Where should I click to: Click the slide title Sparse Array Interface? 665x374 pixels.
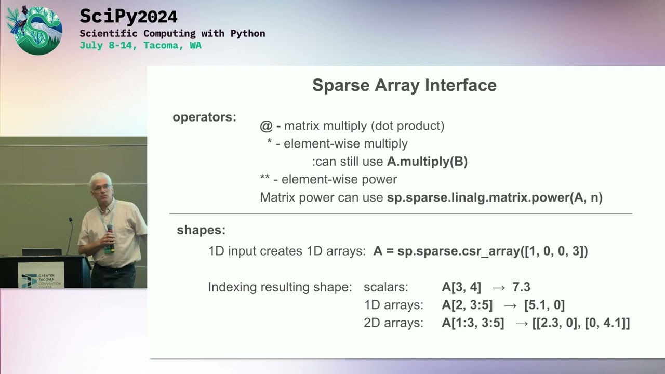tap(404, 85)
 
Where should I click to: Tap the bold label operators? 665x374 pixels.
tap(204, 117)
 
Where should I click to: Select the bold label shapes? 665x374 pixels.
tap(201, 230)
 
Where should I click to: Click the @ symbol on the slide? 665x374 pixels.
tap(266, 126)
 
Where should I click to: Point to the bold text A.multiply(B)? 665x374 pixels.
tap(427, 162)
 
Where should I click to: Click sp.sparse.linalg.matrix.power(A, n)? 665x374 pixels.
tap(495, 198)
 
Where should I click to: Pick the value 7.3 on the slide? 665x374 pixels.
tap(521, 287)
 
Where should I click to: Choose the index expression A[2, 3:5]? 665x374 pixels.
tap(467, 305)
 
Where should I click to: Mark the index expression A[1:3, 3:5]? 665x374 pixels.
tap(473, 323)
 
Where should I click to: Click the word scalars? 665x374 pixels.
tap(386, 287)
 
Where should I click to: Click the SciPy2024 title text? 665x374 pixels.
tap(128, 17)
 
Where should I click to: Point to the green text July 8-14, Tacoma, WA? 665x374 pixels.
tap(140, 45)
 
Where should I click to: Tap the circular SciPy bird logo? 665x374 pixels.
tap(34, 30)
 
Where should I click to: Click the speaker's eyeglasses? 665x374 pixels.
tap(101, 187)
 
